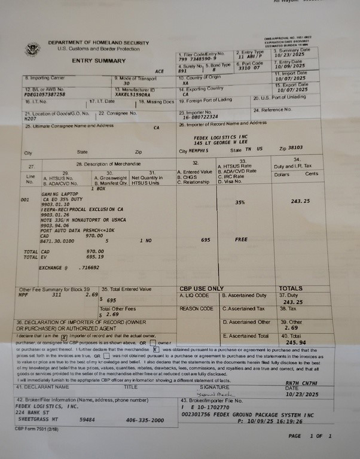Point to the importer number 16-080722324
point(202,117)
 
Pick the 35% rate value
point(240,202)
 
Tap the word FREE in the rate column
point(242,239)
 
